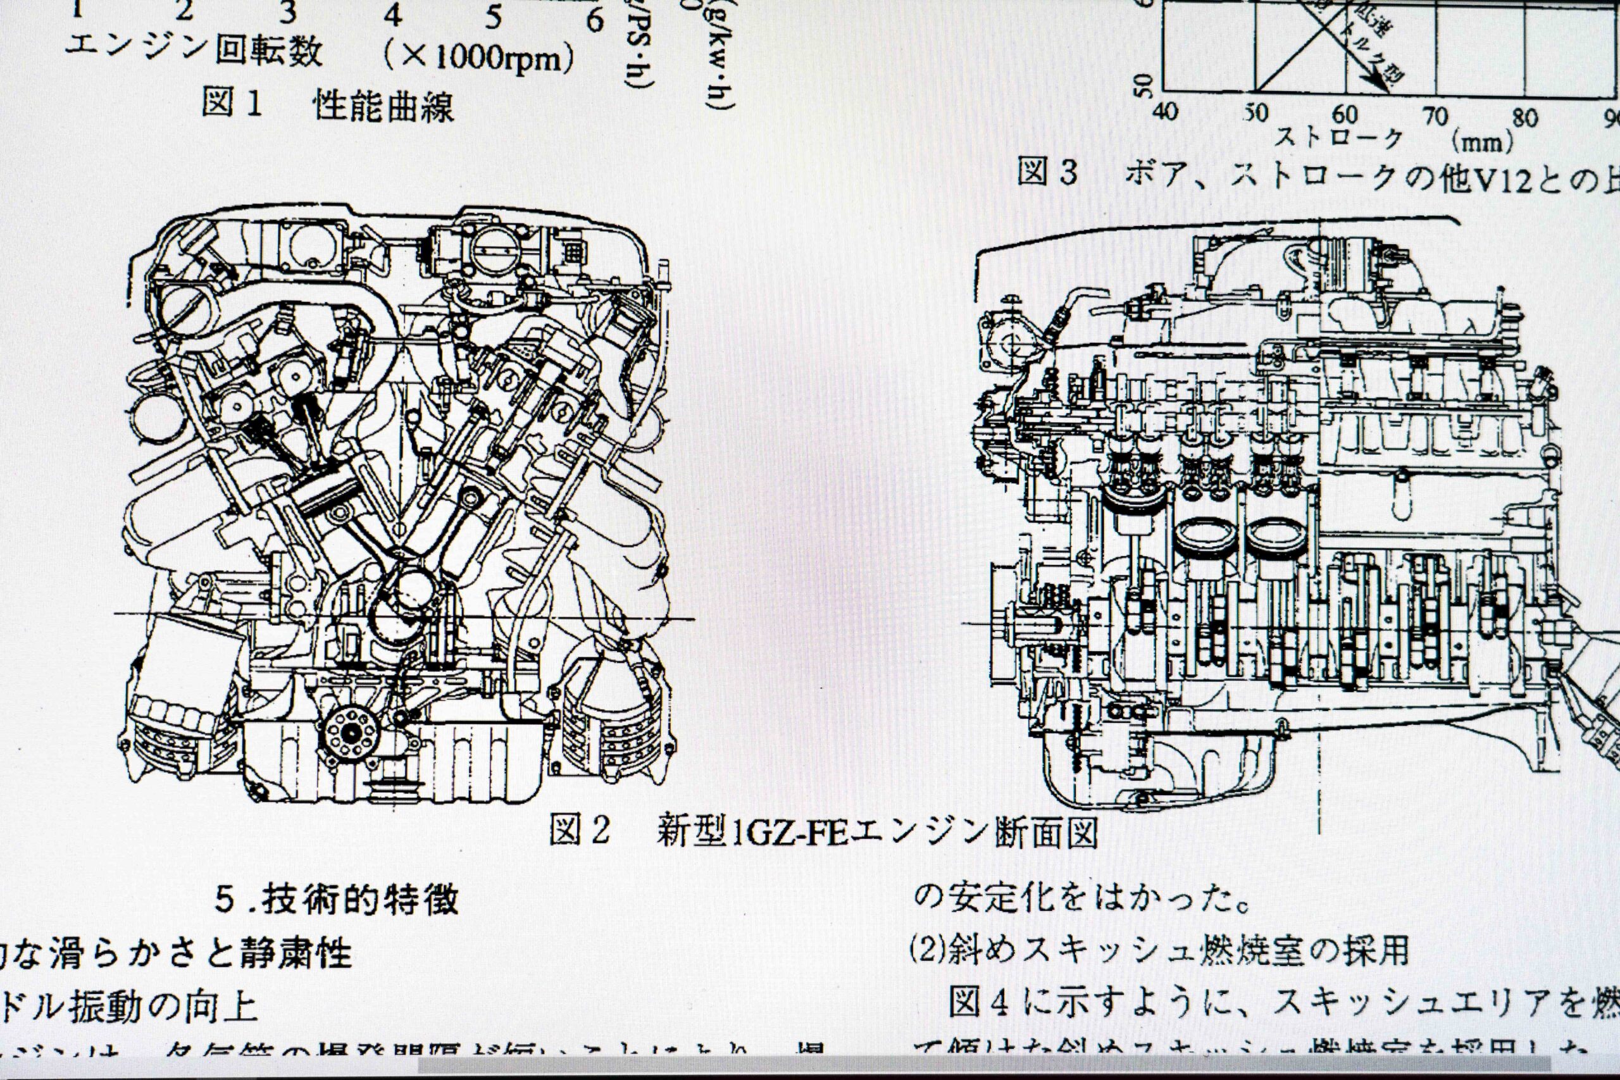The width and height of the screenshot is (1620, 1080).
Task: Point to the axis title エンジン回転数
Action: (194, 49)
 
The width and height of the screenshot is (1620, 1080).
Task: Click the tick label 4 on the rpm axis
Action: (392, 15)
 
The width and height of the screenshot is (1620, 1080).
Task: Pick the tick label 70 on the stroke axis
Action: (1435, 116)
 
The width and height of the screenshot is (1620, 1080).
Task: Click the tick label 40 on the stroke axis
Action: (1165, 110)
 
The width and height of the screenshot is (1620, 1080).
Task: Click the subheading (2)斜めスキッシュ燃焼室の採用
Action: (1159, 951)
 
